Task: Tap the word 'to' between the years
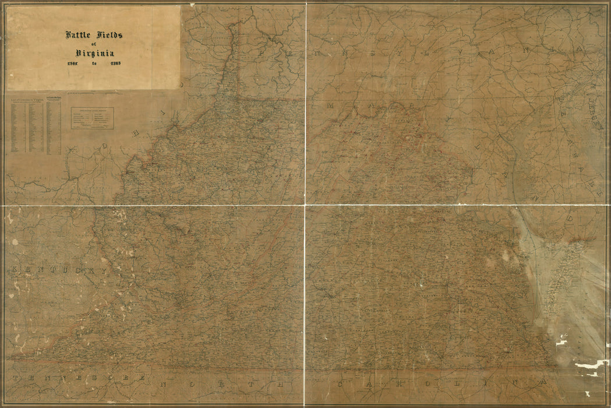(x=94, y=63)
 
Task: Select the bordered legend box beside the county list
(x=92, y=118)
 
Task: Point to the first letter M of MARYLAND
(x=330, y=106)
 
